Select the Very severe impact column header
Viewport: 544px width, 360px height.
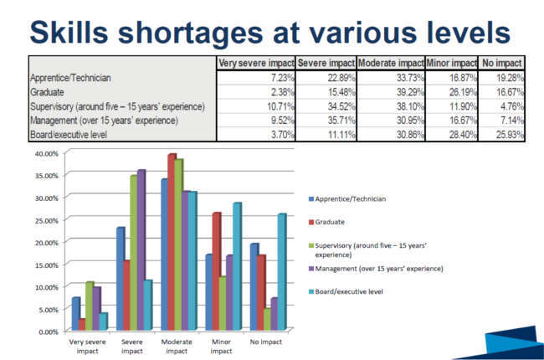(x=255, y=63)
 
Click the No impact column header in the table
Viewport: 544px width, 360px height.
(x=502, y=63)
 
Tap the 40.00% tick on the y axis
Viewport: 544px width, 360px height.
(x=44, y=154)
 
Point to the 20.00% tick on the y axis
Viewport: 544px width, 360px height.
(x=44, y=243)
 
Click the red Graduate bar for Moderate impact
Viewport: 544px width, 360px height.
(x=172, y=243)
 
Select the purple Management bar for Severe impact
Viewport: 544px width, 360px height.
(x=141, y=251)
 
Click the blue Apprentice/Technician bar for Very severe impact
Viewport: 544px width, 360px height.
(x=76, y=314)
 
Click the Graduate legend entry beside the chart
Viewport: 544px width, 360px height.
(x=325, y=223)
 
